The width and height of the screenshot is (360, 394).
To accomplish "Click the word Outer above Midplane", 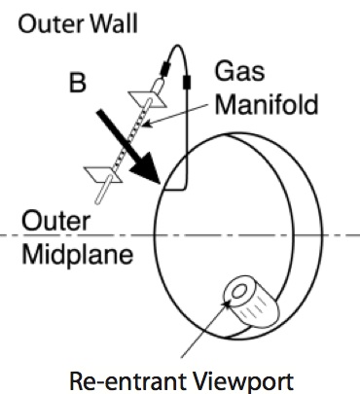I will tap(46, 222).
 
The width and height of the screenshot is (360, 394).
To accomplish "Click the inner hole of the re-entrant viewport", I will tap(235, 293).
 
